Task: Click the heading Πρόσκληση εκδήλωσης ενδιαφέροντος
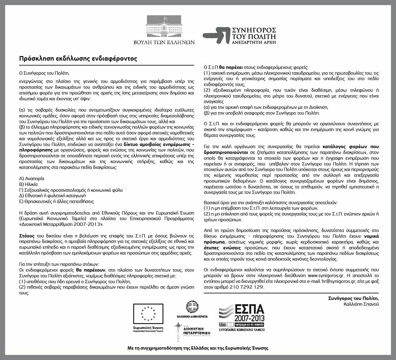[78, 59]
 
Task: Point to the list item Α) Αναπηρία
[32, 179]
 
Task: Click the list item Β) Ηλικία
[28, 184]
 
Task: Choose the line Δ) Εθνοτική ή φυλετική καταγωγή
[52, 196]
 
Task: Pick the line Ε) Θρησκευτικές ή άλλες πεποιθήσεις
[56, 201]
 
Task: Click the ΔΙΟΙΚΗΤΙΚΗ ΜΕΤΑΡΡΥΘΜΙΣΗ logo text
[197, 331]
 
